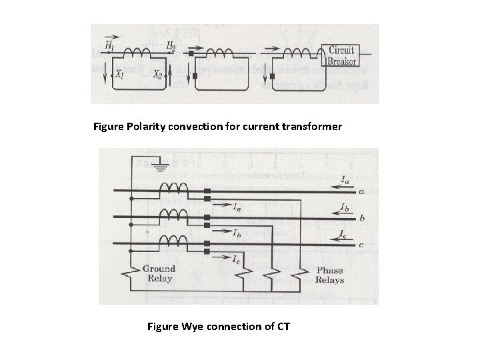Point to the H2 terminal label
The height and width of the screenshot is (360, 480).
point(171,45)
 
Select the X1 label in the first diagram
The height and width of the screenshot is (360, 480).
point(119,75)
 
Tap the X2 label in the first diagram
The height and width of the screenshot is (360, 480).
point(158,75)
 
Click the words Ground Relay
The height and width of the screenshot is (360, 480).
point(158,273)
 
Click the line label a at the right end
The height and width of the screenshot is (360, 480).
point(361,191)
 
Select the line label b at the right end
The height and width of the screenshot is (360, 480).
point(361,217)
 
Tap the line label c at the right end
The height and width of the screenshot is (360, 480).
point(361,244)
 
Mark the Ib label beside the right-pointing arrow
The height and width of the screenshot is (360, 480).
point(237,233)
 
